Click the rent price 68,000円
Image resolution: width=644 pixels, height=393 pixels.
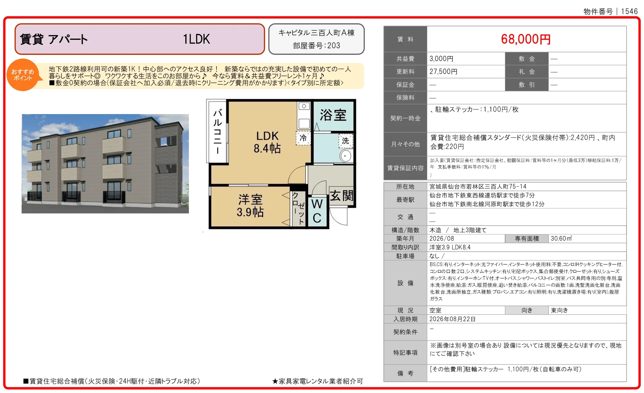tap(526, 39)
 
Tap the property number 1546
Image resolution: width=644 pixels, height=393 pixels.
tap(629, 12)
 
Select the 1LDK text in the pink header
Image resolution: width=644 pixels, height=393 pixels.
tap(196, 39)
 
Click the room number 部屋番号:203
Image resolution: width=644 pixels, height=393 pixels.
tap(316, 46)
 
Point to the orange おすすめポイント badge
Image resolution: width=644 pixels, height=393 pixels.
tap(23, 75)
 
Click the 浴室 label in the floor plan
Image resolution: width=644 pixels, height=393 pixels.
tap(333, 115)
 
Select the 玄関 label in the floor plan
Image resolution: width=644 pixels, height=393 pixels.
tap(342, 196)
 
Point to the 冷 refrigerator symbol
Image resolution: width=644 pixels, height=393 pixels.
tap(303, 138)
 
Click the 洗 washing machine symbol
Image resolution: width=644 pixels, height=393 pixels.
tap(345, 141)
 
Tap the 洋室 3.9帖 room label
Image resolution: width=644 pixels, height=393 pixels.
tap(250, 206)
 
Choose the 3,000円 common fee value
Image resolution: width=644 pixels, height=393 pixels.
tap(441, 59)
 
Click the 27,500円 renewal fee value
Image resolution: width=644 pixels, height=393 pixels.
tap(443, 72)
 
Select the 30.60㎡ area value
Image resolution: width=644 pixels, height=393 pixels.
tap(561, 238)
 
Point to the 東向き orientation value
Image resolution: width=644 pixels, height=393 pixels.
tap(559, 310)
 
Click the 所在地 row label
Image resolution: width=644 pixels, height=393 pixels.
tap(405, 187)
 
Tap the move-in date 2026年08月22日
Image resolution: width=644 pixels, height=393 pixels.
tap(453, 319)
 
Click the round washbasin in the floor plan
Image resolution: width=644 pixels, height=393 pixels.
tap(345, 156)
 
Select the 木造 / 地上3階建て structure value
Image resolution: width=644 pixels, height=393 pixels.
tap(458, 230)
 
